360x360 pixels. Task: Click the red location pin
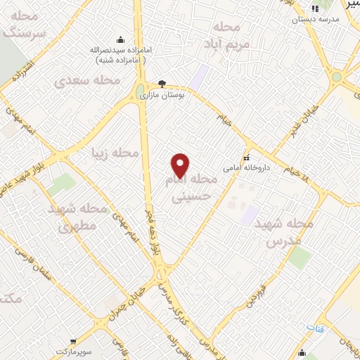181,165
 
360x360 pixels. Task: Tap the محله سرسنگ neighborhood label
25,26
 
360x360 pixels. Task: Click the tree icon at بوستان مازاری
163,83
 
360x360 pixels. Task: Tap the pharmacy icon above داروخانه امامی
246,157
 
